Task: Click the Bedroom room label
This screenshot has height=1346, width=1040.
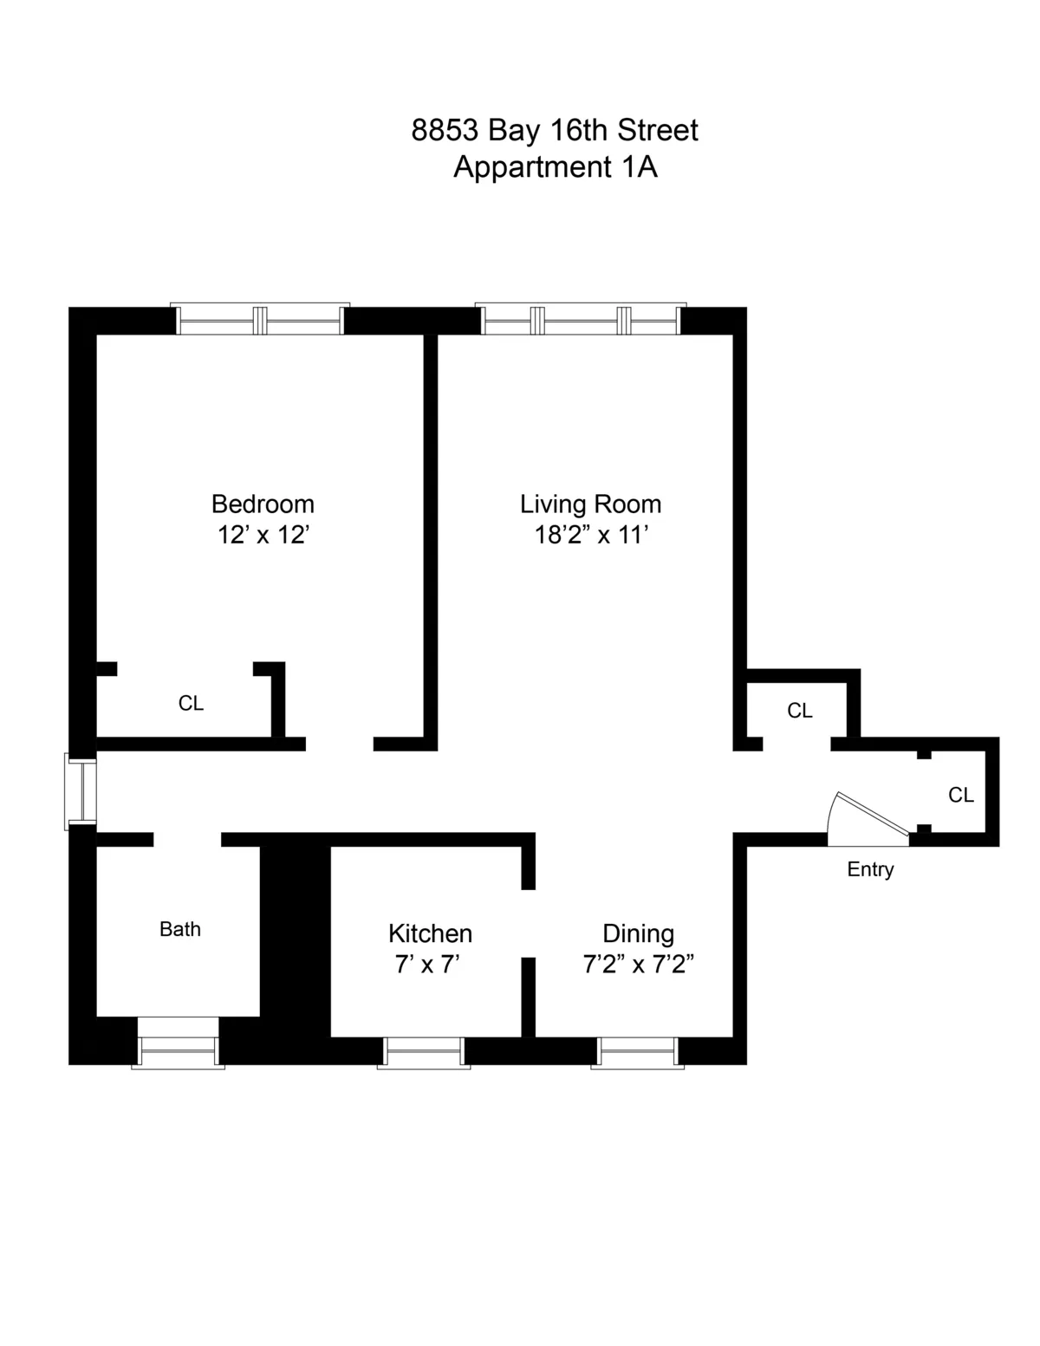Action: tap(263, 504)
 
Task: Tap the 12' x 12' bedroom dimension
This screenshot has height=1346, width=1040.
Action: tap(263, 535)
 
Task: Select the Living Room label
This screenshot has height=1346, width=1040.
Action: tap(590, 504)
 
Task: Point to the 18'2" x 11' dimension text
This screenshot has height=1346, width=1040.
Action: tap(591, 535)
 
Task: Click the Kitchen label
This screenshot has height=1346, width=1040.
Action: tap(430, 933)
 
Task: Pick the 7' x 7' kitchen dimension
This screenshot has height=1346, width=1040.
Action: tap(426, 964)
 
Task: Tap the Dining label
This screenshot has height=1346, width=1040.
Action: tap(638, 933)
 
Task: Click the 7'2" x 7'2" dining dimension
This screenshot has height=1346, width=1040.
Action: tap(638, 964)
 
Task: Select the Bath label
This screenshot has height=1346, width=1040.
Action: tap(180, 929)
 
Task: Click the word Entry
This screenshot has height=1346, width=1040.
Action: tap(870, 869)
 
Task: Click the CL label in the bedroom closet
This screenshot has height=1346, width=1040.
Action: tap(191, 703)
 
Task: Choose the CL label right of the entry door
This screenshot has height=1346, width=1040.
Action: tap(960, 795)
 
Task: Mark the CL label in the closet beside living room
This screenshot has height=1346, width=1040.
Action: tap(799, 711)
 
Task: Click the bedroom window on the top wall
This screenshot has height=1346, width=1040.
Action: tap(260, 320)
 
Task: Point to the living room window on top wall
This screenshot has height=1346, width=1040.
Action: tap(581, 320)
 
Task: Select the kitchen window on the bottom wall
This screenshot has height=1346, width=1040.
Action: tap(424, 1051)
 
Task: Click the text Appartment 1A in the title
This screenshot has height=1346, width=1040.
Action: tap(555, 166)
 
